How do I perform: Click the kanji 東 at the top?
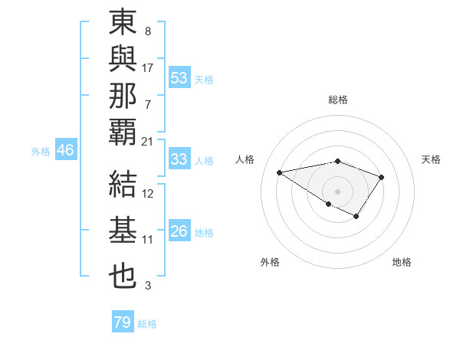tap(123, 23)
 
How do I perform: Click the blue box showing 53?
tap(179, 77)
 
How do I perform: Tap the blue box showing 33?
tap(179, 159)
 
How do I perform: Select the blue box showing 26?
tap(179, 231)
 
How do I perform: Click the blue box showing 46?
tap(65, 150)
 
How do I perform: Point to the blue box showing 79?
tap(122, 322)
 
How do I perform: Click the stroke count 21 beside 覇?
tap(147, 142)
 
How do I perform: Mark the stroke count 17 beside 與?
tap(148, 68)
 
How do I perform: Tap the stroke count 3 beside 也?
tap(148, 286)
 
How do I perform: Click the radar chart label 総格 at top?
tap(337, 100)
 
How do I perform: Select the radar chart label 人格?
tap(245, 159)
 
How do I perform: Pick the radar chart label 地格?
tap(402, 262)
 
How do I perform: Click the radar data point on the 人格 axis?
tap(279, 172)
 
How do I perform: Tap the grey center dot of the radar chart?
tap(337, 191)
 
